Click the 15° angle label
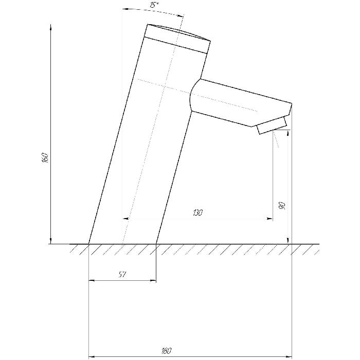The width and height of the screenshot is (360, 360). point(154,5)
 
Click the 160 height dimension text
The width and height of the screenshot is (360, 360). point(45,157)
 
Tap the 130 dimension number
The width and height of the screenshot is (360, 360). point(197,212)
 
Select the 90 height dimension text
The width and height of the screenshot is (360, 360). point(282,206)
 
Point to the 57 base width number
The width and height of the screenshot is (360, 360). point(122,274)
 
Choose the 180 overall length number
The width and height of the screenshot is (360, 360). point(167,351)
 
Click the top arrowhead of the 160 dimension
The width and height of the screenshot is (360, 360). point(51,27)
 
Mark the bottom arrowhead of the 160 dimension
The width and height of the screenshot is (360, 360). point(51,241)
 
